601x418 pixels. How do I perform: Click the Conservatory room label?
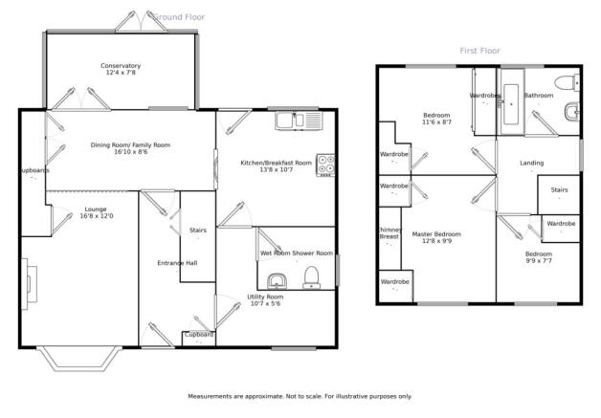click(121, 65)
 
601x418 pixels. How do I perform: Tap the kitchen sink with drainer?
click(300, 121)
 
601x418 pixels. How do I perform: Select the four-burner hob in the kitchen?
click(325, 165)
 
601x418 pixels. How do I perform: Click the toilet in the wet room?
click(312, 277)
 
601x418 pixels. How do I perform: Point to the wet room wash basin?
click(276, 281)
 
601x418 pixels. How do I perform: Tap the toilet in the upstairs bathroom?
click(567, 83)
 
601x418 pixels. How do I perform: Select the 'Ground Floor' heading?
click(179, 17)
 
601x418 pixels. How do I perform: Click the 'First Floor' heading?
click(479, 51)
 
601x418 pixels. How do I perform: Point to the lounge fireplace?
click(29, 284)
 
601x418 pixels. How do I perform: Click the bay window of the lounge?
click(79, 359)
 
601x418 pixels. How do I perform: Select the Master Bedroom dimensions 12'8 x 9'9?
click(436, 241)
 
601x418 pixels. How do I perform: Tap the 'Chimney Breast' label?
click(390, 233)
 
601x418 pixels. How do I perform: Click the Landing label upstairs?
click(532, 163)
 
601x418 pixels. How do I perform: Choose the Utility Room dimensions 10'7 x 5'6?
click(265, 303)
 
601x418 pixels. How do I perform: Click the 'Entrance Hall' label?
click(177, 263)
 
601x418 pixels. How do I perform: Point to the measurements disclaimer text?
click(300, 396)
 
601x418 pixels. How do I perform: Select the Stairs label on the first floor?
click(559, 189)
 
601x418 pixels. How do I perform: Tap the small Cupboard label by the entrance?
click(199, 335)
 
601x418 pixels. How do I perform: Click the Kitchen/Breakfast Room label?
click(276, 163)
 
